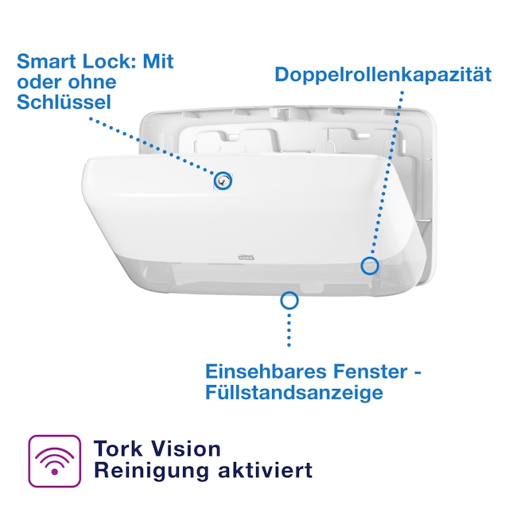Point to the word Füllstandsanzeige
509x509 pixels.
(294, 392)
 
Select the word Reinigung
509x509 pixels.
(144, 470)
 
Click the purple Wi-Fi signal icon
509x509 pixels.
(55, 460)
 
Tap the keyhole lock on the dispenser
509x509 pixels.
(223, 181)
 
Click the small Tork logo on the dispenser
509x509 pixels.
(231, 256)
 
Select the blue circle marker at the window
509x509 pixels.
(289, 300)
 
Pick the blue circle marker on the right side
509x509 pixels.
(369, 265)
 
